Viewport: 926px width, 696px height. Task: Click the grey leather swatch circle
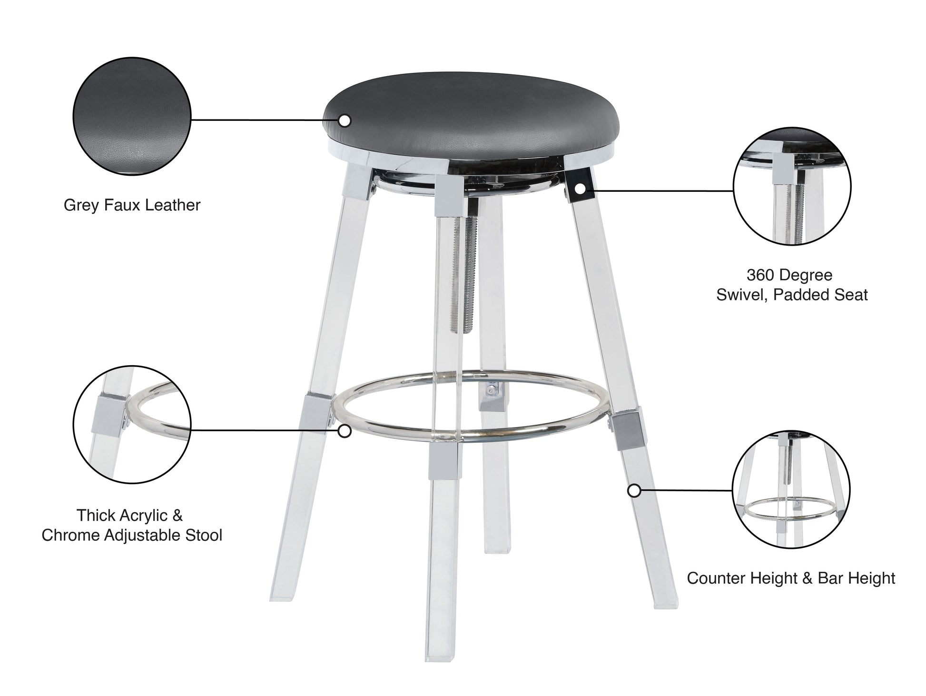[132, 116]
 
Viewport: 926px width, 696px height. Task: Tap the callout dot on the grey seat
[345, 121]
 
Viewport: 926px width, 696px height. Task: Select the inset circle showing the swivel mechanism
[792, 187]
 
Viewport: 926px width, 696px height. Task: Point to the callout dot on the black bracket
[580, 189]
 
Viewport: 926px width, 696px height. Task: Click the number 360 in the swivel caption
[759, 275]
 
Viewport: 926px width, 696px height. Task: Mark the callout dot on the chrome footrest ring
[345, 431]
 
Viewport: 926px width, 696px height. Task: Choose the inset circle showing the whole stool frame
[791, 490]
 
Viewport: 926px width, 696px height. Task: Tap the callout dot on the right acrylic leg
[633, 491]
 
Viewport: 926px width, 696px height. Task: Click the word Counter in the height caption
[716, 578]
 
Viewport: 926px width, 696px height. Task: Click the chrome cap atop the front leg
[448, 197]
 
